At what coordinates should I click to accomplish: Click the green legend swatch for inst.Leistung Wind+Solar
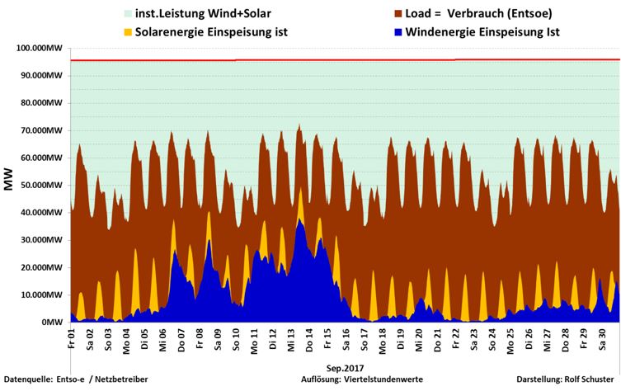[104, 14]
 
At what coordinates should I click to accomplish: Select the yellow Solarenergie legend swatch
[104, 32]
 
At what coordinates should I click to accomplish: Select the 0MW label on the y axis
[53, 323]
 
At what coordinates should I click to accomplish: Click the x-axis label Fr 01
[72, 338]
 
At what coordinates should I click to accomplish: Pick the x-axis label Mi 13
[291, 339]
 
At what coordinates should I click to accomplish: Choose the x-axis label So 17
[364, 339]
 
